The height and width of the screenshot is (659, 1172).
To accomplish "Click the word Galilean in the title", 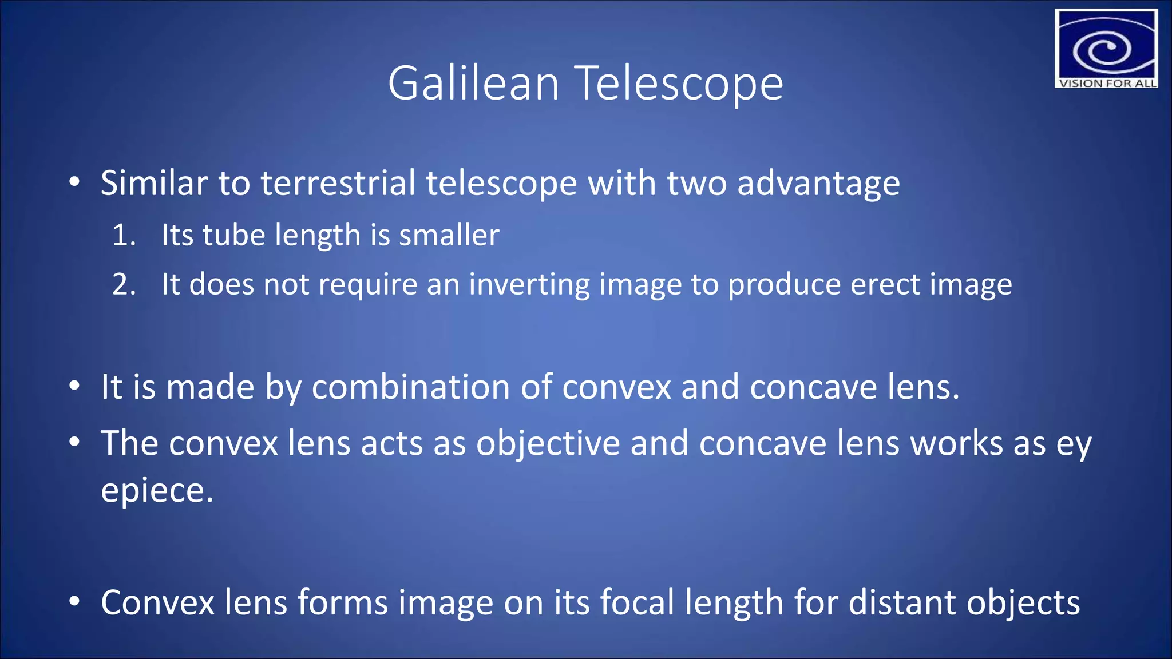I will click(473, 84).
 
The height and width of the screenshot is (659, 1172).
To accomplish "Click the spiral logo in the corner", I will click(1105, 45).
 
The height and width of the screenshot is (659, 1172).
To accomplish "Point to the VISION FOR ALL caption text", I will click(1107, 83).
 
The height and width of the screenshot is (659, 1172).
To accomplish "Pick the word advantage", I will click(818, 184).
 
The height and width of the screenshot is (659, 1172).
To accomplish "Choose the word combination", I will click(410, 387).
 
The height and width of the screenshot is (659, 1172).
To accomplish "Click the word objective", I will click(548, 444).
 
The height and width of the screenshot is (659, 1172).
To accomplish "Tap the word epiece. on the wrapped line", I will click(157, 491).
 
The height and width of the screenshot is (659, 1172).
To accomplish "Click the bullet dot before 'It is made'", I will click(74, 387).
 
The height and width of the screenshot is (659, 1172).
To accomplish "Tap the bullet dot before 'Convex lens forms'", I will click(74, 602).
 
